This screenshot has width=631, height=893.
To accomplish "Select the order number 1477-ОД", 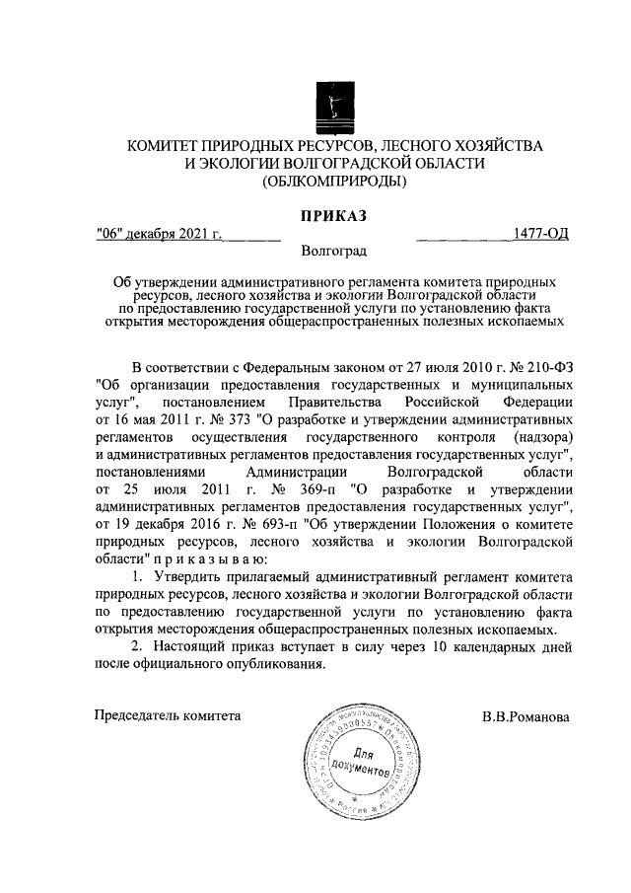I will coord(541,234).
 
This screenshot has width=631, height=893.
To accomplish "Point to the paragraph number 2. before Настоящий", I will coord(137,647).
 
